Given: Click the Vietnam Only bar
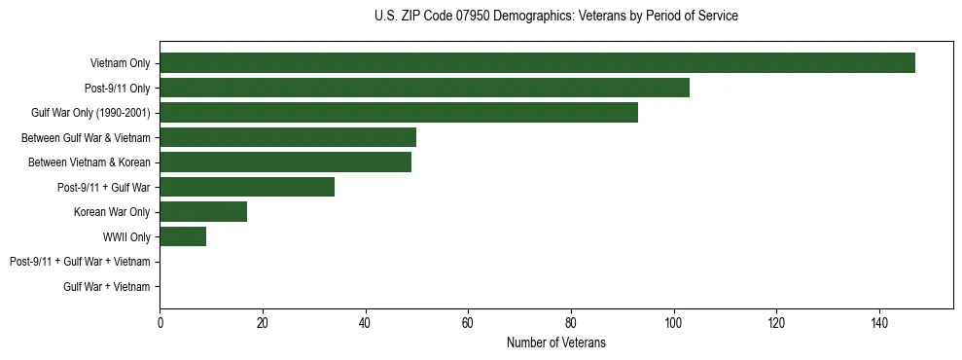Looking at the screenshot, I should pyautogui.click(x=537, y=63).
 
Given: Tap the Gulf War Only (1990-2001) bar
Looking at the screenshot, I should pyautogui.click(x=399, y=113).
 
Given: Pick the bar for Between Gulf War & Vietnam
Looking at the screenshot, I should pyautogui.click(x=288, y=137).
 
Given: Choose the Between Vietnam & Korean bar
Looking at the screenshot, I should pyautogui.click(x=285, y=162).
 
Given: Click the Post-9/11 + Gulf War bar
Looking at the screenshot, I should pyautogui.click(x=247, y=187).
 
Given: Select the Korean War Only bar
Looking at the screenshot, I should pyautogui.click(x=203, y=212).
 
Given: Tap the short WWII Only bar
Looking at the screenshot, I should pyautogui.click(x=183, y=236).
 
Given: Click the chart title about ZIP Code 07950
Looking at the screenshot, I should pyautogui.click(x=555, y=17).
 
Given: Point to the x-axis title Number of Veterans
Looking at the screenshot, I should pyautogui.click(x=555, y=342).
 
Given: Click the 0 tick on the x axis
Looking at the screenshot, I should pyautogui.click(x=160, y=323).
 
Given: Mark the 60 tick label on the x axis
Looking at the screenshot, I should pyautogui.click(x=468, y=323).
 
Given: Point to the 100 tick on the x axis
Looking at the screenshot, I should pyautogui.click(x=673, y=323).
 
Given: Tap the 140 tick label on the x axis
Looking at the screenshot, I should pyautogui.click(x=879, y=323).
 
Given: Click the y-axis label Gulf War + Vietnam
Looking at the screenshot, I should pyautogui.click(x=107, y=287).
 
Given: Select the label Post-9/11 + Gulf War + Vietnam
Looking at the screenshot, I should pyautogui.click(x=80, y=262).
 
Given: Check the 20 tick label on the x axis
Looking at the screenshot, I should pyautogui.click(x=263, y=323).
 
